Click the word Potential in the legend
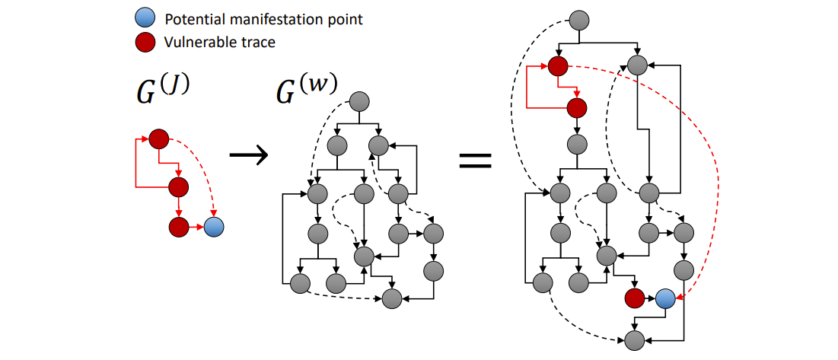click(x=193, y=19)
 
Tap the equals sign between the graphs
click(x=474, y=161)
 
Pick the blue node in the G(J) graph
click(x=215, y=226)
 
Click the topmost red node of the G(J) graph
click(x=158, y=139)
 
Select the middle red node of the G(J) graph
click(x=178, y=186)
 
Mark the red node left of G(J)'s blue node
click(x=178, y=226)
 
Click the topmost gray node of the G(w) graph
click(x=358, y=101)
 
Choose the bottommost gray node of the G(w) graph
click(x=393, y=298)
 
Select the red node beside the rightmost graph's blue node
click(x=634, y=298)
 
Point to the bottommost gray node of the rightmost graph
click(x=634, y=340)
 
